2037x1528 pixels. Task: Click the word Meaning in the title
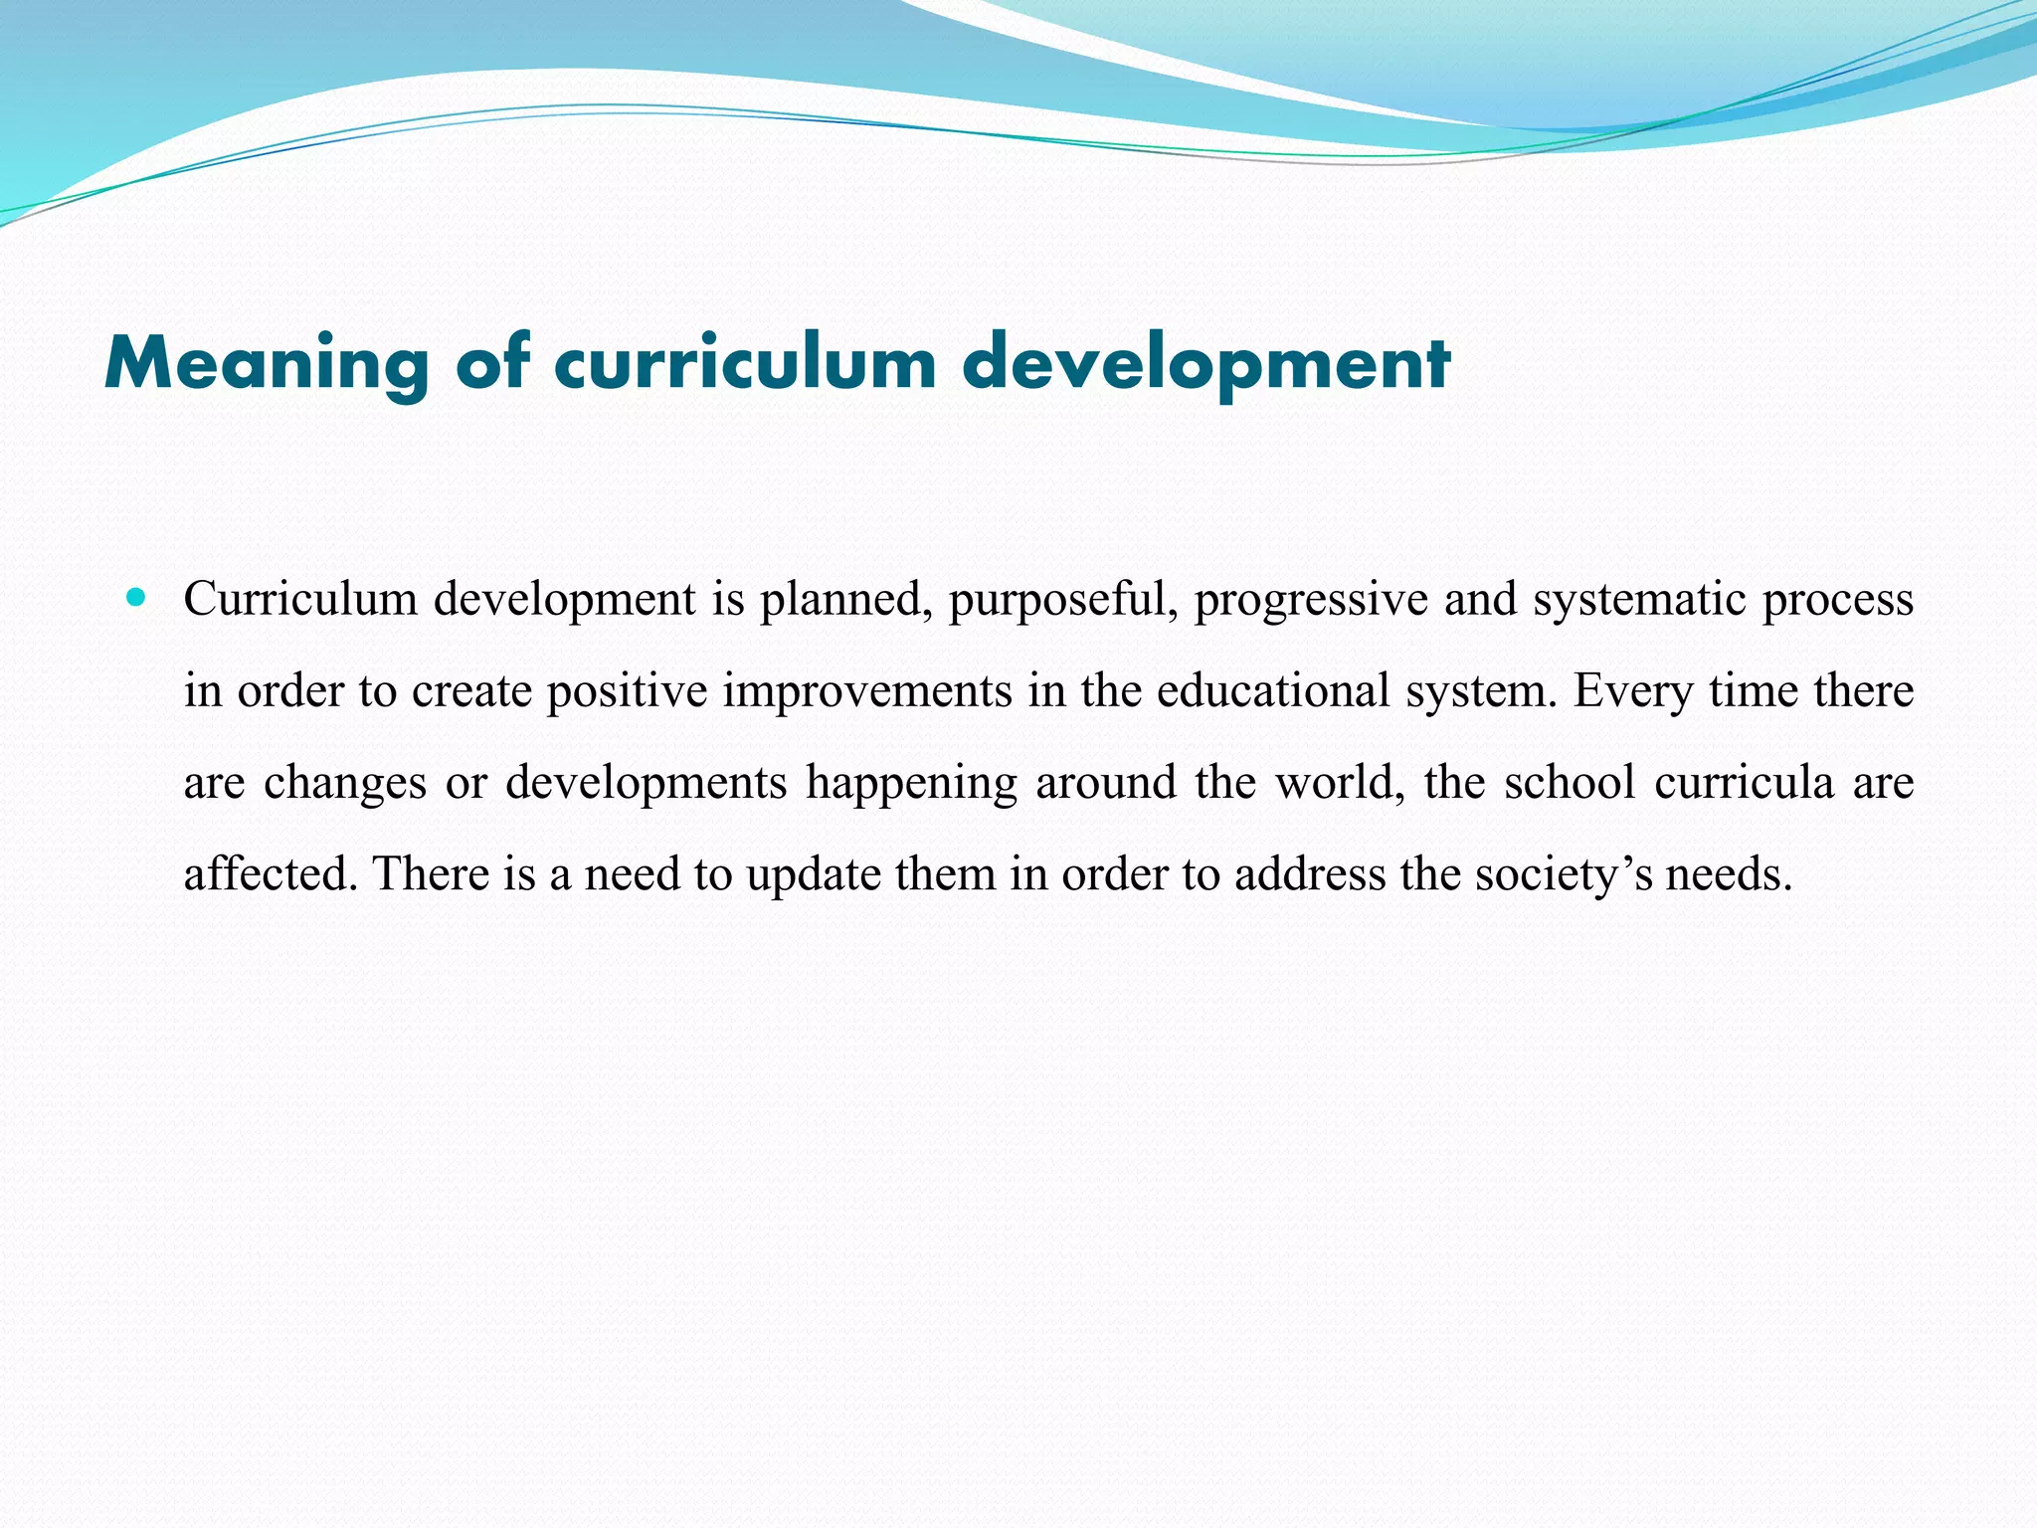click(267, 364)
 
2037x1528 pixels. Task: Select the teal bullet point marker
click(136, 599)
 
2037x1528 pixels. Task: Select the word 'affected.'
click(271, 874)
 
